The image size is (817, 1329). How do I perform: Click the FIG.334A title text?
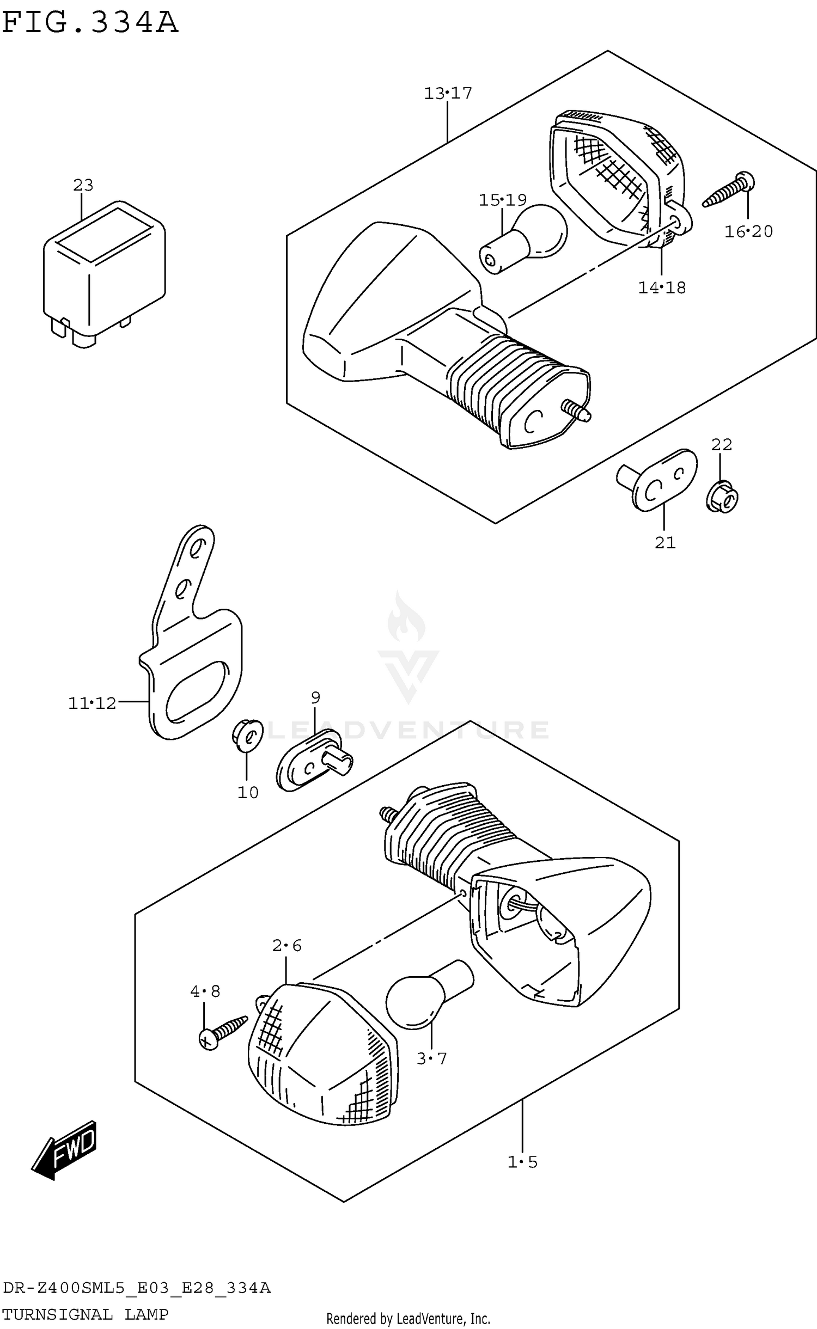click(90, 23)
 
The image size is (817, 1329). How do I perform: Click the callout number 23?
click(83, 185)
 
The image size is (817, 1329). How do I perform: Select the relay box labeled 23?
click(103, 272)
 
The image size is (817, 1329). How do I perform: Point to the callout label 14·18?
click(661, 287)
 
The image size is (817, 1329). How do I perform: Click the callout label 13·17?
click(448, 94)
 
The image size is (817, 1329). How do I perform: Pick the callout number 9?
click(315, 697)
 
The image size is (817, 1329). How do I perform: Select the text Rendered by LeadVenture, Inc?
click(408, 1318)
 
